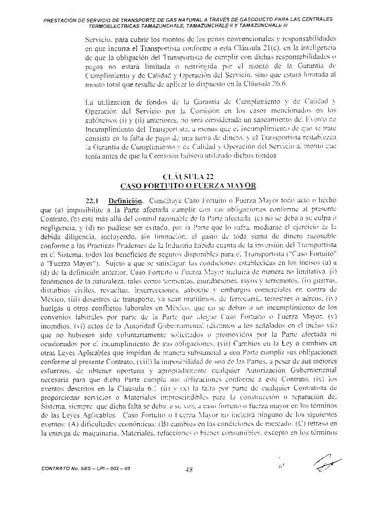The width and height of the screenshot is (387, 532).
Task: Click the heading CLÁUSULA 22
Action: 188,177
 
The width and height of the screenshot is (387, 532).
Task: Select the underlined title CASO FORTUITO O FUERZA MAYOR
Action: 188,185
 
